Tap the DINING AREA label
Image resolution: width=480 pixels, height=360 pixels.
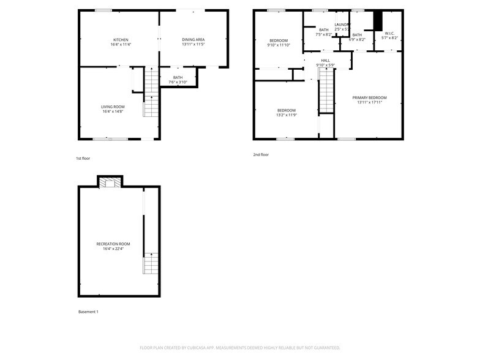pyautogui.click(x=193, y=40)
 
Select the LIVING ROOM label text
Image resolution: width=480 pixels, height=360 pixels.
pyautogui.click(x=113, y=107)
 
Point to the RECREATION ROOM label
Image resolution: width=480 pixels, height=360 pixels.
pyautogui.click(x=113, y=244)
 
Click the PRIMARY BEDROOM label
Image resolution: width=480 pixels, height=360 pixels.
pyautogui.click(x=369, y=97)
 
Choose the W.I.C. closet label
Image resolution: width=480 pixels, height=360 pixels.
pyautogui.click(x=389, y=34)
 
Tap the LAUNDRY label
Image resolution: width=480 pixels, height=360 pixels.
pyautogui.click(x=342, y=24)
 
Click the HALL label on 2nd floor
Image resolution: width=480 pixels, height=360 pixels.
pyautogui.click(x=325, y=61)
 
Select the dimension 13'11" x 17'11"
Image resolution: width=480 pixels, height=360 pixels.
pyautogui.click(x=369, y=102)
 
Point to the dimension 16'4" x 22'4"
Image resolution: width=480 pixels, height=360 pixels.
pyautogui.click(x=113, y=249)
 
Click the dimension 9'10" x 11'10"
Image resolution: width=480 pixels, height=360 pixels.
pyautogui.click(x=279, y=45)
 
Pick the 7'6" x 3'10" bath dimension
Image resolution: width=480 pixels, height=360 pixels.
pyautogui.click(x=178, y=82)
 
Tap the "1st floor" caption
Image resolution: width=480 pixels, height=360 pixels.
pyautogui.click(x=83, y=159)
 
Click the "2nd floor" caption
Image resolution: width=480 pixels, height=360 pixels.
pyautogui.click(x=261, y=155)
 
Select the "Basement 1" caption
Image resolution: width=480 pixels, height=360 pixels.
pyautogui.click(x=88, y=312)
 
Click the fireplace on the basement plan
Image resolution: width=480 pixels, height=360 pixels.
pyautogui.click(x=110, y=182)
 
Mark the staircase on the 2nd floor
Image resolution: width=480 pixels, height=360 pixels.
pyautogui.click(x=327, y=92)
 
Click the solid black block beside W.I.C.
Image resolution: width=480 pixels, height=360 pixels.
pyautogui.click(x=378, y=21)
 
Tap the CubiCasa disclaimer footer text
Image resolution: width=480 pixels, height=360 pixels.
pyautogui.click(x=240, y=347)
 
